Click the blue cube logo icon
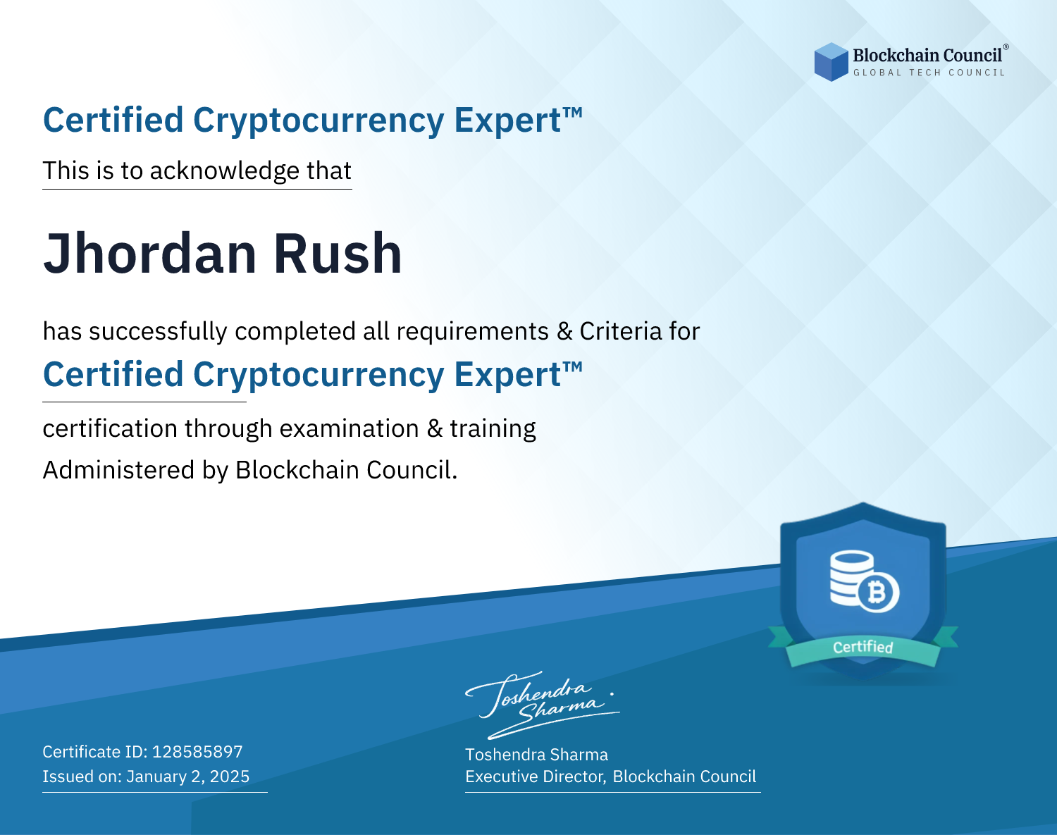pos(831,62)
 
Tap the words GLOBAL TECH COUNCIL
pos(929,73)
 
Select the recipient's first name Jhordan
pos(150,254)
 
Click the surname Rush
pos(338,254)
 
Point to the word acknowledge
pos(225,171)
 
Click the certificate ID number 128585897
pos(197,751)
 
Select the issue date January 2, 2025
pos(188,776)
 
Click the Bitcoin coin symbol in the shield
pos(878,593)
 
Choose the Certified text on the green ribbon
pos(863,648)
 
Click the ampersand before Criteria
pos(564,331)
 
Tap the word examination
pos(350,428)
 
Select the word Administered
pos(119,469)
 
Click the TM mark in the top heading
pos(573,113)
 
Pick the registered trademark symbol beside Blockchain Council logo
pos(1006,47)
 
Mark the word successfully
pos(158,332)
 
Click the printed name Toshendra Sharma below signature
pos(536,755)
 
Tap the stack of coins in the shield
pos(851,577)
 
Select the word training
pos(493,429)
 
